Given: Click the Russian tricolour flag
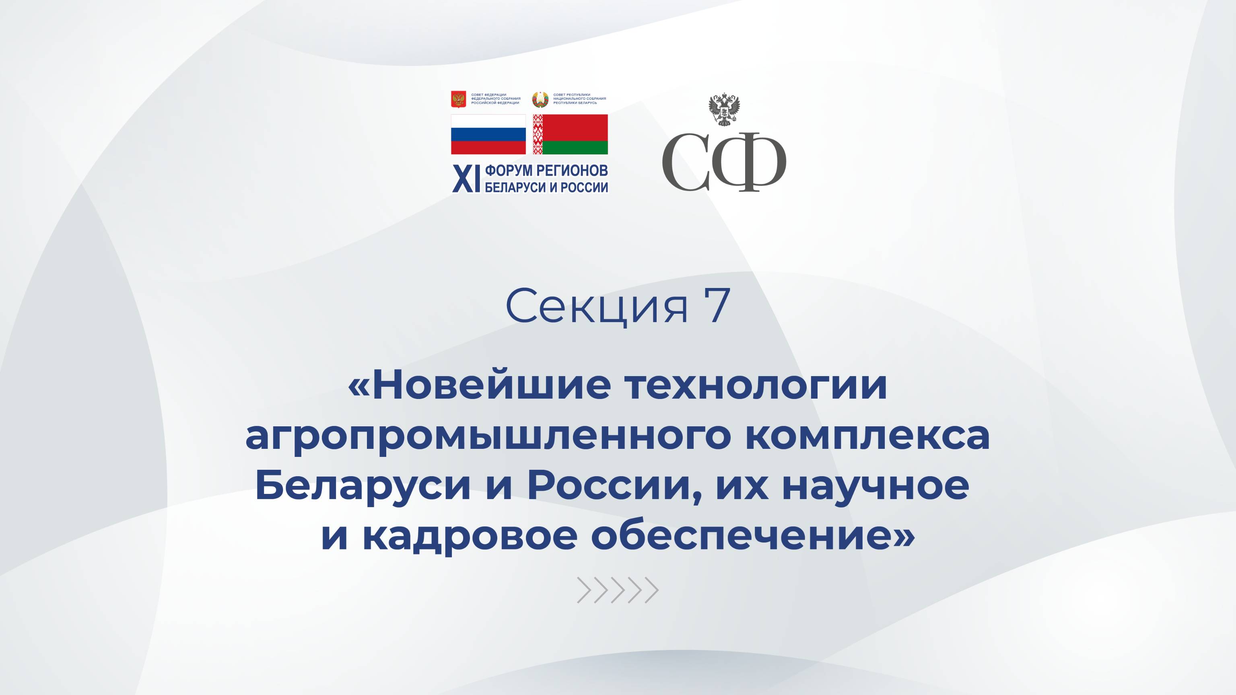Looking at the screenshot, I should coord(488,134).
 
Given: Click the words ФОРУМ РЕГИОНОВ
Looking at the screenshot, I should coord(546,171).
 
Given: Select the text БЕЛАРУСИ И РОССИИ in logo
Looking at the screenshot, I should coord(546,187).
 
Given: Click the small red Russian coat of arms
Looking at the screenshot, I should coord(459,99).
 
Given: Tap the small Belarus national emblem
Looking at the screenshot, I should coord(540,99).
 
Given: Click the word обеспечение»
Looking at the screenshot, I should coord(753,536).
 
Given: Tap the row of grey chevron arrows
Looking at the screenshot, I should coord(618,590).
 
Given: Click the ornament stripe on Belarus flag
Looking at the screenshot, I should coord(538,134).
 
